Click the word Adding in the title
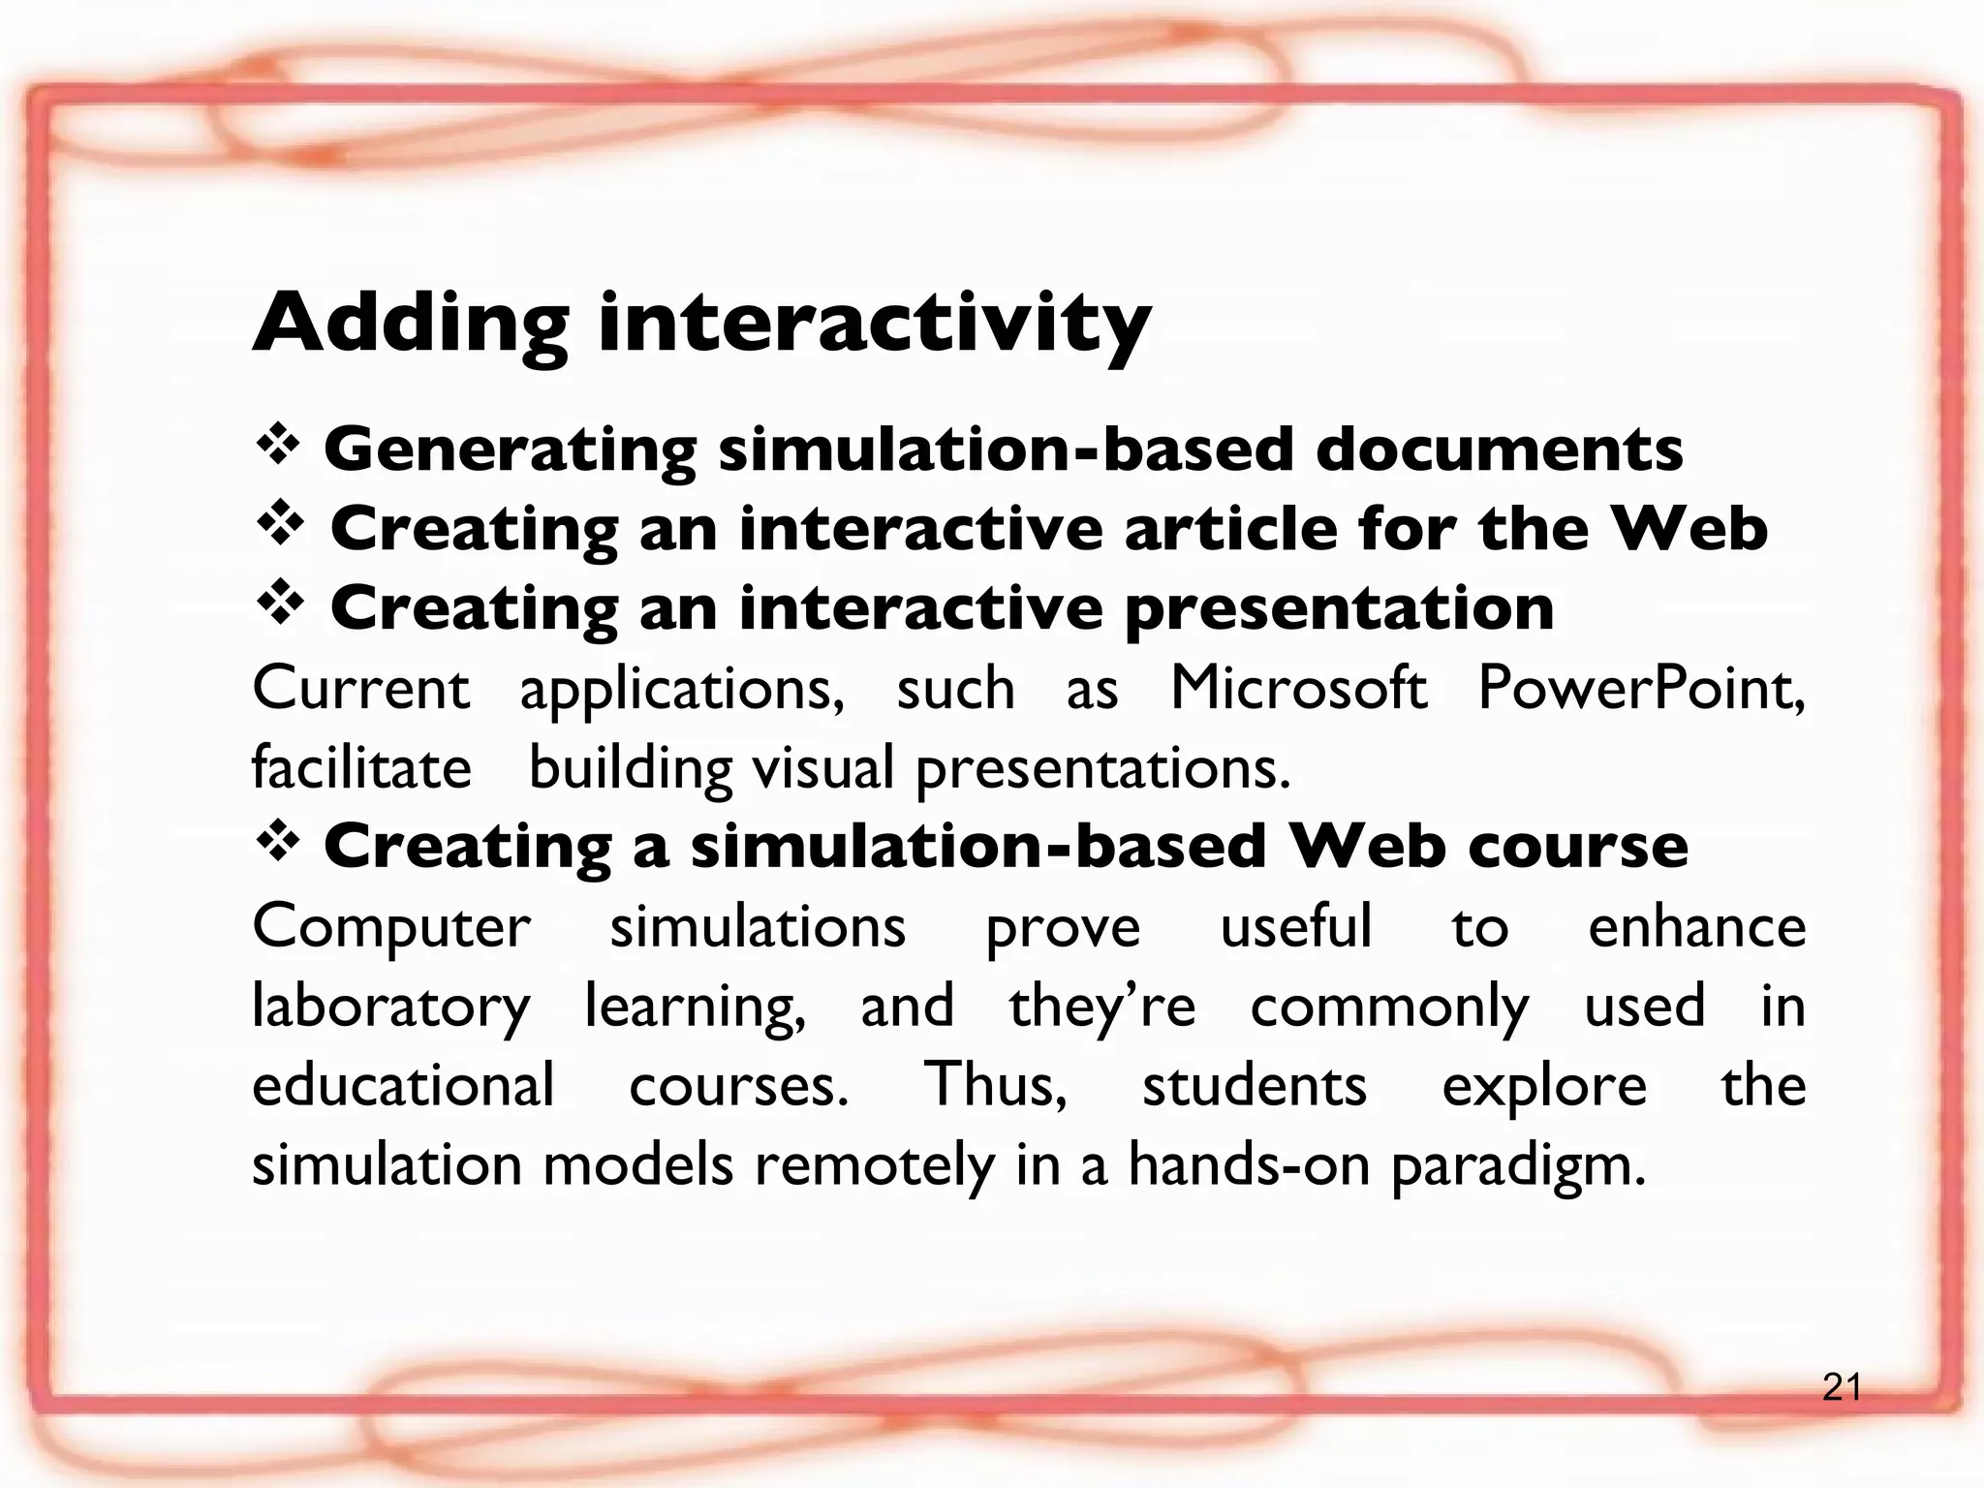click(410, 325)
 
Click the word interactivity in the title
click(875, 325)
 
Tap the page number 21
click(1841, 1388)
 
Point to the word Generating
click(510, 451)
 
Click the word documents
click(1499, 449)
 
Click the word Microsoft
click(1299, 689)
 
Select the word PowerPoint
click(1641, 689)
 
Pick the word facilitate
click(361, 768)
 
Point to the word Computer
click(391, 928)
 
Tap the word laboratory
click(391, 1007)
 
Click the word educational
click(403, 1085)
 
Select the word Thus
click(995, 1085)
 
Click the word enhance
click(1696, 927)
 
